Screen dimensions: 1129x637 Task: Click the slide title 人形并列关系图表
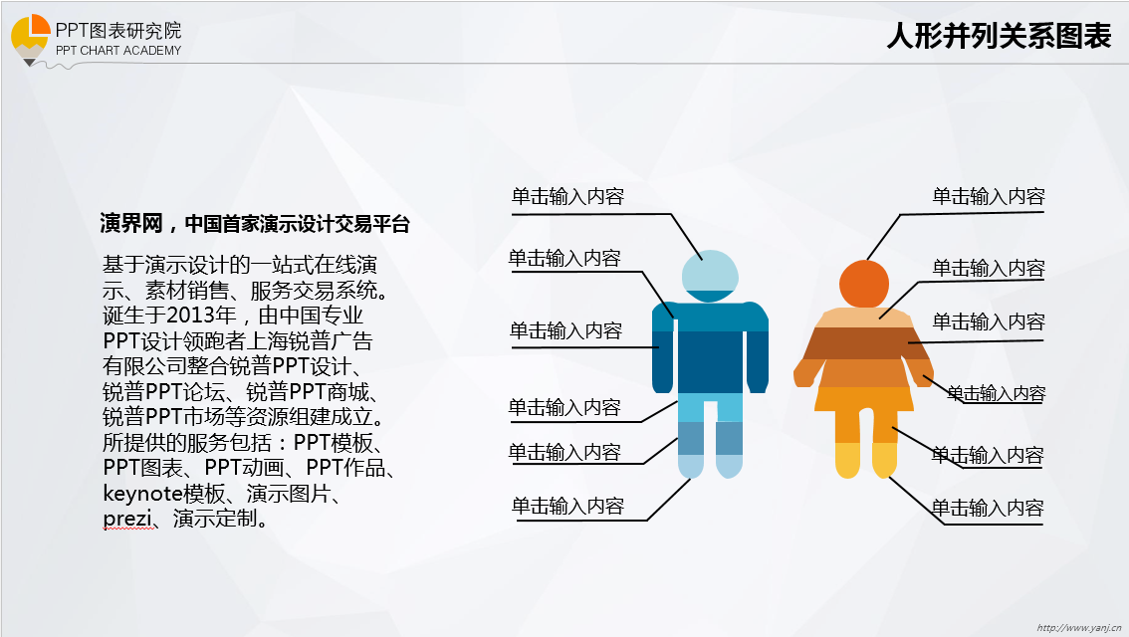tap(999, 35)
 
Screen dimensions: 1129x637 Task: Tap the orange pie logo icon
tap(30, 36)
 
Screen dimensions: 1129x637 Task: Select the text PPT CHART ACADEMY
tap(118, 51)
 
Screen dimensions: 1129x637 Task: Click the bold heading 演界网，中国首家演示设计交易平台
tap(255, 224)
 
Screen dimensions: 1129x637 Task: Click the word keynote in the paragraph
tap(143, 493)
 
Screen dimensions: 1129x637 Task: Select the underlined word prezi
tap(127, 519)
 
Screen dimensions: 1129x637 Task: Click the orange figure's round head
tap(864, 284)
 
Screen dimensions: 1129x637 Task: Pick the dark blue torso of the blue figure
tap(710, 362)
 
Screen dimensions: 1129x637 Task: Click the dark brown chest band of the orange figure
tap(863, 343)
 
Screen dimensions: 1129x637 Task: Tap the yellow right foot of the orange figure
tap(884, 461)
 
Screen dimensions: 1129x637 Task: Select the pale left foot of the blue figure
tap(691, 467)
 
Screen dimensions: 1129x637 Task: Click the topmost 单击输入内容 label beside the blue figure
tap(567, 196)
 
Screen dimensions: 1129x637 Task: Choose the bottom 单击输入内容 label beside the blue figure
tap(567, 506)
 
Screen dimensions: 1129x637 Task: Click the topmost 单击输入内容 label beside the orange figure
tap(988, 196)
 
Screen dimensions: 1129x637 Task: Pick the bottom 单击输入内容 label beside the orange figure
tap(988, 509)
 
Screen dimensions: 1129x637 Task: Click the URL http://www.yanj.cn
tap(1078, 628)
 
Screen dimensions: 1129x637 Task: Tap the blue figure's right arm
tap(757, 347)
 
